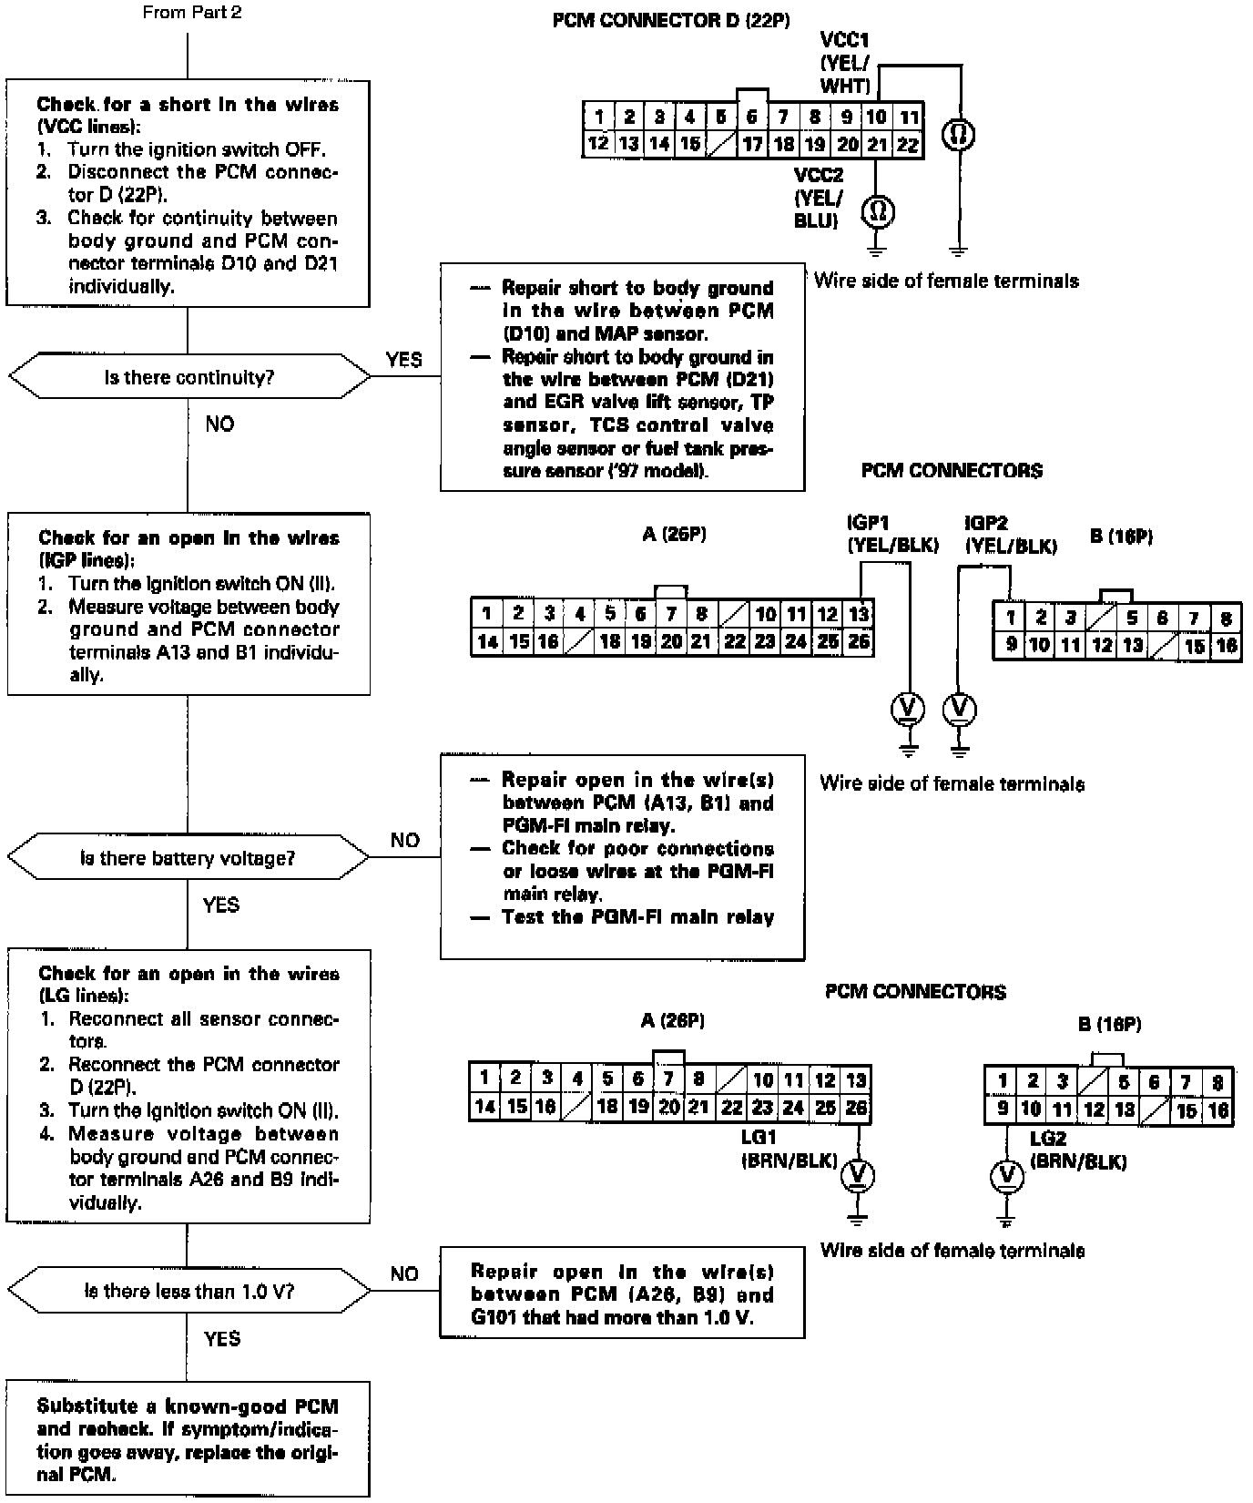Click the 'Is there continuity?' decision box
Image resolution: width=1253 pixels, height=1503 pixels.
point(188,377)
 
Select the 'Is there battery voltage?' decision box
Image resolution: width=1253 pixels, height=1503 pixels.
point(188,858)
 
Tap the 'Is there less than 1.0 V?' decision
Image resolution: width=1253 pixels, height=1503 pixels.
point(188,1291)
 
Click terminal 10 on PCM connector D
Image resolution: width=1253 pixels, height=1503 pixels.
point(876,117)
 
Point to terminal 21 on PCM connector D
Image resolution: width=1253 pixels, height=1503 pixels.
point(876,144)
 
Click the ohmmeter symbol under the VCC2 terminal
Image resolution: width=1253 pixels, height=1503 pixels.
point(878,212)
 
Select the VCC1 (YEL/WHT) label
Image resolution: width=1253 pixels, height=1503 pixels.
point(844,63)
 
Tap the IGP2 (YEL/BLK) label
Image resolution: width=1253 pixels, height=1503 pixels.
point(1011,535)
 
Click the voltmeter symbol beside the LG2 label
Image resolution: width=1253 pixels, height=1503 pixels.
point(1006,1176)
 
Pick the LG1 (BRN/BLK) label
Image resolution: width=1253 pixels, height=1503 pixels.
point(789,1150)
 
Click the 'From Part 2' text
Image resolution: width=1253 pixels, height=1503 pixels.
point(192,13)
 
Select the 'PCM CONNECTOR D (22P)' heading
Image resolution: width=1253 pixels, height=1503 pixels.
point(671,20)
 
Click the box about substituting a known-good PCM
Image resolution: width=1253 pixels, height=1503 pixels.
point(188,1439)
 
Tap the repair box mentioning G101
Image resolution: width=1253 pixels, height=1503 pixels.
point(622,1294)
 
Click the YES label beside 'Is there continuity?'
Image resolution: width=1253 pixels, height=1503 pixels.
point(403,360)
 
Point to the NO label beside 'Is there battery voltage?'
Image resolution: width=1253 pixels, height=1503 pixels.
point(404,840)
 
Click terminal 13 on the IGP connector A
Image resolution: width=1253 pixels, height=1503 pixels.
point(858,614)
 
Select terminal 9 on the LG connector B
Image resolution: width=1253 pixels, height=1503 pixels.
point(1002,1109)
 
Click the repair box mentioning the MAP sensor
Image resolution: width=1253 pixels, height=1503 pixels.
point(622,377)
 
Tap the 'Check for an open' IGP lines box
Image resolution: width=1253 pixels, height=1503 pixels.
point(188,605)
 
